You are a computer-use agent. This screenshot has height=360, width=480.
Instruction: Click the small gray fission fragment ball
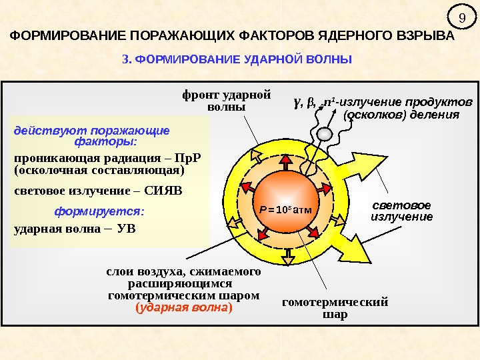(x=323, y=135)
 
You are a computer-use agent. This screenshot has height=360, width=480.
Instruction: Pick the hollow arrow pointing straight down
(x=288, y=255)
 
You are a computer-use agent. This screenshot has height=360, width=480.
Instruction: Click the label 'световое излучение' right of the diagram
(x=401, y=211)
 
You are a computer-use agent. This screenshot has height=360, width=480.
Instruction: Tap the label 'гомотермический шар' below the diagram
(x=335, y=308)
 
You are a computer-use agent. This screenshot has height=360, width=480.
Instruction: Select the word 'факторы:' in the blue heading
(x=106, y=141)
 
